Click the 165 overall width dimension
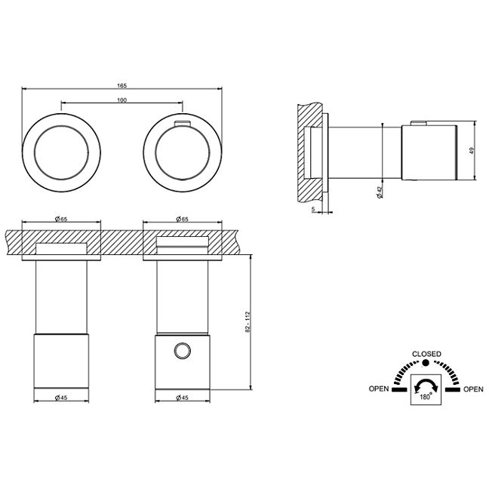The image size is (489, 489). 122,85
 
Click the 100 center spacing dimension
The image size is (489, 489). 122,100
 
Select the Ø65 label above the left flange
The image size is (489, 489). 61,219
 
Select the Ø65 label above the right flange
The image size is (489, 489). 183,219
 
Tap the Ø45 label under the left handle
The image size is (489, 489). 61,398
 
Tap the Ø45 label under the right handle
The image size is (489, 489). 183,398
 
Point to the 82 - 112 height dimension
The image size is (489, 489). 248,322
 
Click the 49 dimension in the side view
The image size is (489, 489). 472,151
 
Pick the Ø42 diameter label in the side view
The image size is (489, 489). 380,192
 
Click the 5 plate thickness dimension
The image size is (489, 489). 313,210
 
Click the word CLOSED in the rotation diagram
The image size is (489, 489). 426,354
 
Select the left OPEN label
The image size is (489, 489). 379,389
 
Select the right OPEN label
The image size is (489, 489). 473,389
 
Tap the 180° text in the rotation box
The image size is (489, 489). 426,397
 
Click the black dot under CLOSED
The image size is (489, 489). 426,363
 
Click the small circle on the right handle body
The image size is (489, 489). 183,351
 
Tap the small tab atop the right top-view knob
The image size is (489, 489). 183,124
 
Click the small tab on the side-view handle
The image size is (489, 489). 419,123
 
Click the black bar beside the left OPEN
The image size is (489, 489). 400,389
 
